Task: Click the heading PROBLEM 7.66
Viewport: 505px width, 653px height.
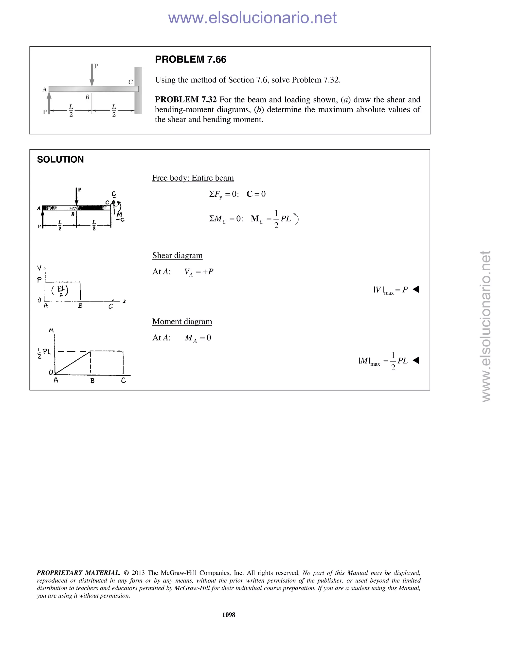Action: tap(191, 59)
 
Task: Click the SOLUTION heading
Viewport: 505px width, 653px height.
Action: tap(60, 159)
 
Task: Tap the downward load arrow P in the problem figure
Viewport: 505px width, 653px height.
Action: tap(92, 75)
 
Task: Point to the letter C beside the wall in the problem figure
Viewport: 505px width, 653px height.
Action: tap(130, 82)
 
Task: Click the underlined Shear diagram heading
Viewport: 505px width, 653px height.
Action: tap(177, 255)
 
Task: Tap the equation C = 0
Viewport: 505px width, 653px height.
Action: tap(256, 194)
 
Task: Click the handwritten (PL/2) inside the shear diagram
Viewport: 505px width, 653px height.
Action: tap(60, 290)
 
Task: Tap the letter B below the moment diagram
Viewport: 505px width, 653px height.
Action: tap(92, 381)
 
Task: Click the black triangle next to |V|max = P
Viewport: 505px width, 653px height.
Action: tap(416, 289)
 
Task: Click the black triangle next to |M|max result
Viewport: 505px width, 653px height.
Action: tap(416, 360)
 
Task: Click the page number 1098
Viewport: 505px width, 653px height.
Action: tap(229, 615)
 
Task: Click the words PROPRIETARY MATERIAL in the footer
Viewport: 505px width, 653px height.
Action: tap(78, 573)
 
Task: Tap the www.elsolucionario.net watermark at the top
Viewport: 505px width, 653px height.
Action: tap(252, 18)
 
